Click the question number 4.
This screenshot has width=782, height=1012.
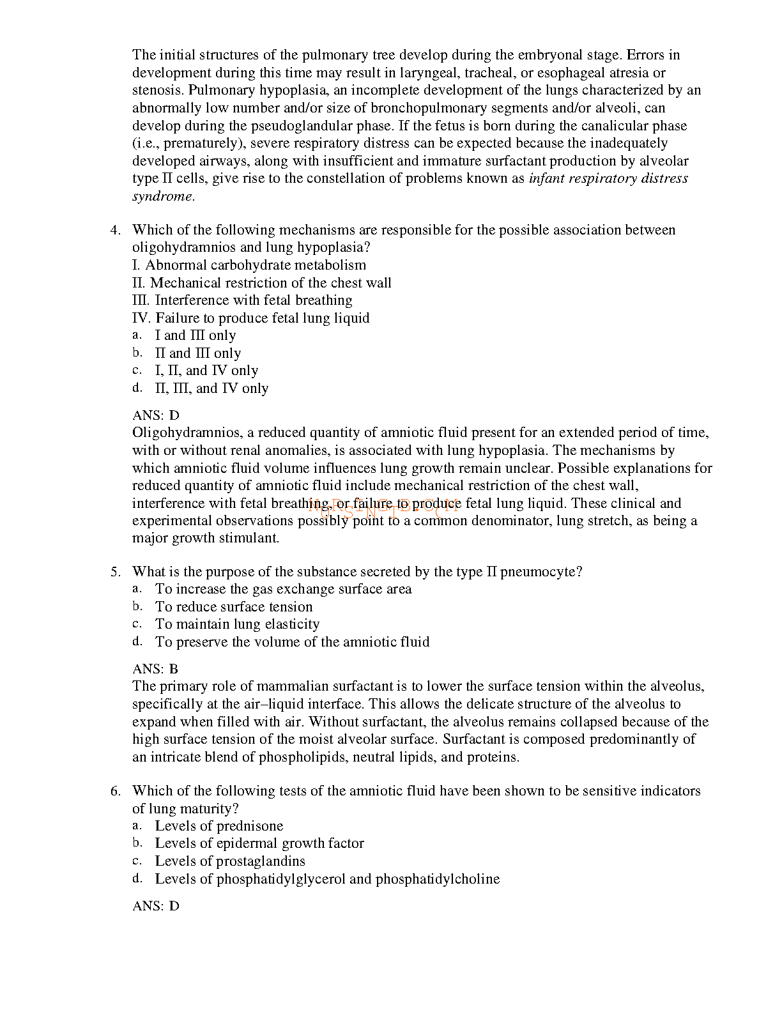[115, 230]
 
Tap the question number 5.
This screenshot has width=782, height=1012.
[115, 572]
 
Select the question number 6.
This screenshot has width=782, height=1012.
[115, 791]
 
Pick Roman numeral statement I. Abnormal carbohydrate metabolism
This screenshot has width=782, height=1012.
[249, 265]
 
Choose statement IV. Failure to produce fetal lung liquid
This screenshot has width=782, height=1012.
[250, 318]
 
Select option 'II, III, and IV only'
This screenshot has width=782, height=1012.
[211, 388]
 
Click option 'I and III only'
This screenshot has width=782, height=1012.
[195, 335]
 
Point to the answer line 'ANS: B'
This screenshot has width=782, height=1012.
[155, 669]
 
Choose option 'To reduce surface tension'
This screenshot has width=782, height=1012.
[234, 607]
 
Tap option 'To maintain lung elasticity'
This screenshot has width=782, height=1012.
[237, 624]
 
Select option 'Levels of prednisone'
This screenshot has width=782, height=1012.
[219, 826]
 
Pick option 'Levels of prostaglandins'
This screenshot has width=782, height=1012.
[230, 861]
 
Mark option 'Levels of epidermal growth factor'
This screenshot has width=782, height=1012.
[259, 843]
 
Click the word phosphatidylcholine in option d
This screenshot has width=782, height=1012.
[438, 879]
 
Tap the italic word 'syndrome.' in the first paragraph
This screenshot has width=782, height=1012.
[164, 196]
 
